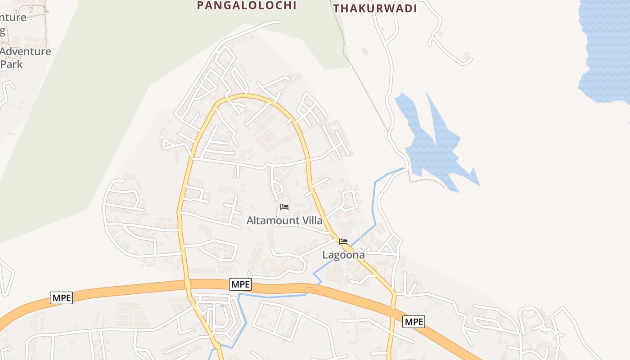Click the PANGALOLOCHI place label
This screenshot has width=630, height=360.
point(247,5)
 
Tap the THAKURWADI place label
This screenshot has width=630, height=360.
point(375,8)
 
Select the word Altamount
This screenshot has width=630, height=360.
point(273,220)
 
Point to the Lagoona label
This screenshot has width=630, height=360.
point(343,255)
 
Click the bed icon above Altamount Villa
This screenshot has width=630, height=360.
point(284,207)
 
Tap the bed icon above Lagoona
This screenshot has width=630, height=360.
point(343,242)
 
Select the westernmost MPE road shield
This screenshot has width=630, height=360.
point(61,298)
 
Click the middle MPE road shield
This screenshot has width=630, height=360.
point(240,284)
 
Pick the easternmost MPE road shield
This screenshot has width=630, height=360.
point(414,322)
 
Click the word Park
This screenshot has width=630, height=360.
point(12,64)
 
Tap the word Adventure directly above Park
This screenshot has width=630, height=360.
point(26,51)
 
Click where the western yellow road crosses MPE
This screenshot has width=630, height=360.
point(188,284)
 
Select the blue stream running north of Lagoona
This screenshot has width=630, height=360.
point(374,202)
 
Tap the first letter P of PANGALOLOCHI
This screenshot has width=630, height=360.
point(200,5)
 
